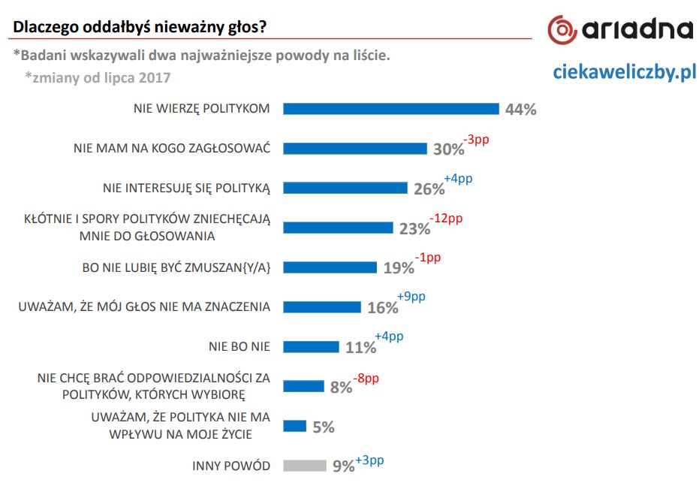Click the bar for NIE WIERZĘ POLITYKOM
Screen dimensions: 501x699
[x=390, y=108]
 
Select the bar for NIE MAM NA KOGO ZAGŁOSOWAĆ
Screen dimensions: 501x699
[x=354, y=148]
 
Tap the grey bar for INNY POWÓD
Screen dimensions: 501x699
[x=304, y=466]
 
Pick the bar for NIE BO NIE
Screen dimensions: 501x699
[x=311, y=346]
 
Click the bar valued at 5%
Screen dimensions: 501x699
[x=294, y=426]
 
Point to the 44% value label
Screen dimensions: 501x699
[x=520, y=110]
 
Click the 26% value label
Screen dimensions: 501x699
[x=429, y=189]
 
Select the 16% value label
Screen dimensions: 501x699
[x=382, y=308]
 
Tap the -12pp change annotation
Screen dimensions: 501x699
[x=446, y=219]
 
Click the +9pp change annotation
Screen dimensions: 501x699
[x=411, y=297]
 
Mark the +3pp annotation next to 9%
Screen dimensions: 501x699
[x=369, y=460]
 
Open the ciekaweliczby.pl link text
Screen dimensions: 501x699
[x=624, y=72]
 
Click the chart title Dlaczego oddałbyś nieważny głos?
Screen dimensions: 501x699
[x=140, y=28]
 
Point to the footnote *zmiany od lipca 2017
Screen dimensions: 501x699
[x=98, y=77]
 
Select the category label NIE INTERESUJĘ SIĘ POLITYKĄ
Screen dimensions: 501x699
[x=185, y=188]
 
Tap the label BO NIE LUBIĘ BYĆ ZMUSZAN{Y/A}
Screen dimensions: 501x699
[x=175, y=267]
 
